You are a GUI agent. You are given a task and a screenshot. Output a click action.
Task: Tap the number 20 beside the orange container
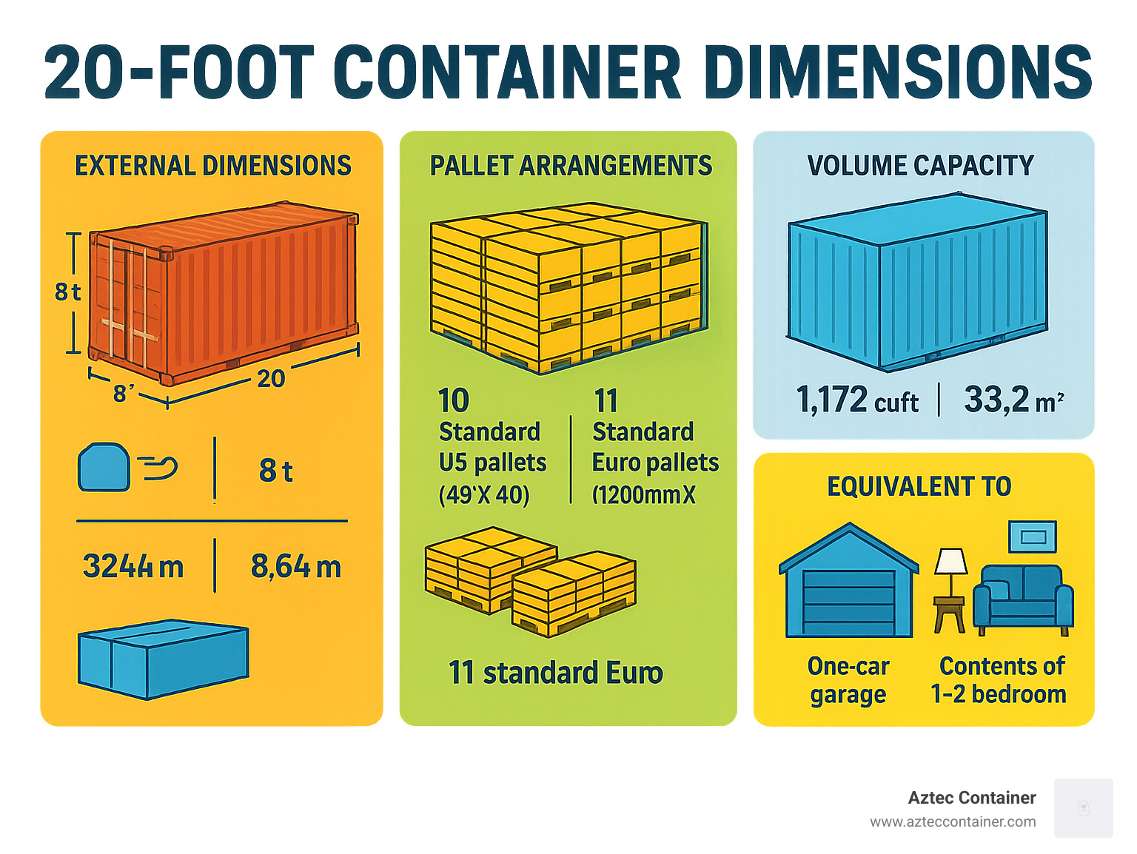coord(271,379)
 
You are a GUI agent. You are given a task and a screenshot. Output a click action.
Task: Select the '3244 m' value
coord(133,567)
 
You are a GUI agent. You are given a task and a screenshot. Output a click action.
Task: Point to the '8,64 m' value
coord(296,567)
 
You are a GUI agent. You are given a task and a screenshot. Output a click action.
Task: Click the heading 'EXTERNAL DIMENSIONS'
coord(213,166)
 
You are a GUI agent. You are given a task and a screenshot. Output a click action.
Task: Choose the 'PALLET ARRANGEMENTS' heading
coord(571,166)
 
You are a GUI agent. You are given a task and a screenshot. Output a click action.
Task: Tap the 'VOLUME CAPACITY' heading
coord(921,166)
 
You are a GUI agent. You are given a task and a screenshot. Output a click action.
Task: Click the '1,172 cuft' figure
coord(857,400)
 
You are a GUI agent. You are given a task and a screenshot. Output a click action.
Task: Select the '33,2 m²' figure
coord(1013,400)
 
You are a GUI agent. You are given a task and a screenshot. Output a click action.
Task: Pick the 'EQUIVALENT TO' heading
coord(919,486)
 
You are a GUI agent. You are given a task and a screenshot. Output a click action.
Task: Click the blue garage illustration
coord(849,585)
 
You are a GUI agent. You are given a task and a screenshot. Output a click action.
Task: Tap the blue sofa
coord(1023,598)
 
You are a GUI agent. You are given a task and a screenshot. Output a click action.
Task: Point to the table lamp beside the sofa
coord(950,588)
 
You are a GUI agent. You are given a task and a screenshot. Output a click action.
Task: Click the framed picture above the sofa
coord(1033,537)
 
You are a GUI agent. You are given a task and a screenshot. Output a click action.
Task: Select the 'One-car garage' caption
coord(848,680)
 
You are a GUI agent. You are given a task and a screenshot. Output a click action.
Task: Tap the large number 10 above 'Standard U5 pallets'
coord(453,401)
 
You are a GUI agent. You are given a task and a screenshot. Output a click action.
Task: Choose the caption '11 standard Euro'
coord(556,673)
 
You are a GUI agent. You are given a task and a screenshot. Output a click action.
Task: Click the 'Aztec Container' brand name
coord(972,798)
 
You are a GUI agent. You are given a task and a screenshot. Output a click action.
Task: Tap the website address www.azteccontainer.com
coord(953,821)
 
